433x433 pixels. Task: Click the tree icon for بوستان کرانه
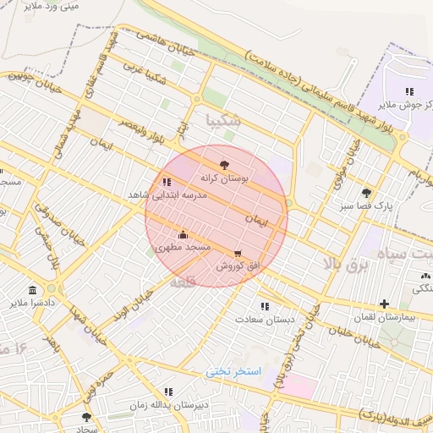(224, 165)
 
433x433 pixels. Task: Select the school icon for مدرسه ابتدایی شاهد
(166, 181)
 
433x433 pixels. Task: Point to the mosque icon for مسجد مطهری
(183, 233)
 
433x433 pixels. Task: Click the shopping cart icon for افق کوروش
(238, 253)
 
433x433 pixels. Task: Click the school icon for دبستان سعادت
(265, 306)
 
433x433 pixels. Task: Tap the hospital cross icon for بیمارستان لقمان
(385, 304)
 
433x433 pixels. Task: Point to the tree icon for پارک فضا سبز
(366, 193)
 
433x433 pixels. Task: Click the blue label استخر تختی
(234, 371)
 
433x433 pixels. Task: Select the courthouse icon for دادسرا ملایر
(32, 289)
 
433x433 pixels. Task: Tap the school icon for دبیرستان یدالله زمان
(168, 392)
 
